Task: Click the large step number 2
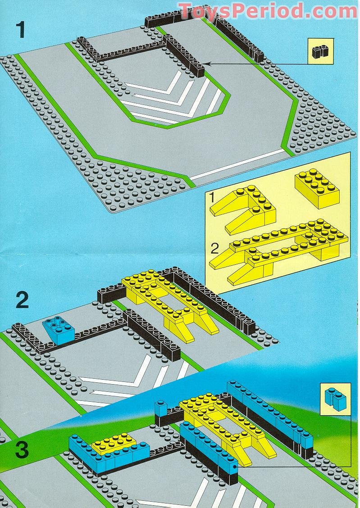pyautogui.click(x=22, y=300)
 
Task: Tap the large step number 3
pyautogui.click(x=21, y=450)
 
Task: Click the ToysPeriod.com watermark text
pyautogui.click(x=267, y=11)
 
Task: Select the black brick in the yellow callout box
pyautogui.click(x=320, y=52)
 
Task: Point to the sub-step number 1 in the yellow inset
pyautogui.click(x=212, y=197)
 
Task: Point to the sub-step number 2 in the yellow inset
pyautogui.click(x=215, y=249)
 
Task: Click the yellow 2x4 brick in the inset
pyautogui.click(x=317, y=188)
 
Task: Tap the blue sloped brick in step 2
pyautogui.click(x=58, y=330)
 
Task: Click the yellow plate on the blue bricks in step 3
pyautogui.click(x=114, y=443)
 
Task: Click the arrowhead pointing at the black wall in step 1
pyautogui.click(x=208, y=64)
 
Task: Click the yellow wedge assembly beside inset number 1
pyautogui.click(x=243, y=209)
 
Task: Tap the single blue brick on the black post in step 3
pyautogui.click(x=161, y=408)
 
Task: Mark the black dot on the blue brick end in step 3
pyautogui.click(x=234, y=467)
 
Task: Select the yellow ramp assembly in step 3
pyautogui.click(x=228, y=428)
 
